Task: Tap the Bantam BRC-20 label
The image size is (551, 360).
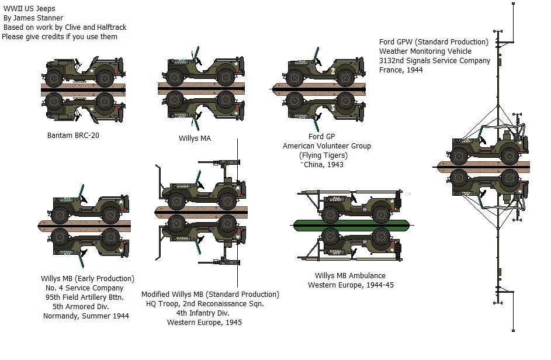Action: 74,135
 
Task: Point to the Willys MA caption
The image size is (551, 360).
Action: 195,139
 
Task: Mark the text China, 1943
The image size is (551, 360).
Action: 323,165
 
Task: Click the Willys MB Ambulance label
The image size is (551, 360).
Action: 350,276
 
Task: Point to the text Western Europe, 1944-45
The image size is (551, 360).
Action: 350,285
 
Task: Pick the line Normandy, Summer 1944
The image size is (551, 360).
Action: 86,316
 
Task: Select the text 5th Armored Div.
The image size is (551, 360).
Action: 86,307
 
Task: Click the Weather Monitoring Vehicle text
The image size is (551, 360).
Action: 433,51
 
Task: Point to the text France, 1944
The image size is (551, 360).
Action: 400,70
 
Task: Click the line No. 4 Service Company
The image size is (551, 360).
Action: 87,288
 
